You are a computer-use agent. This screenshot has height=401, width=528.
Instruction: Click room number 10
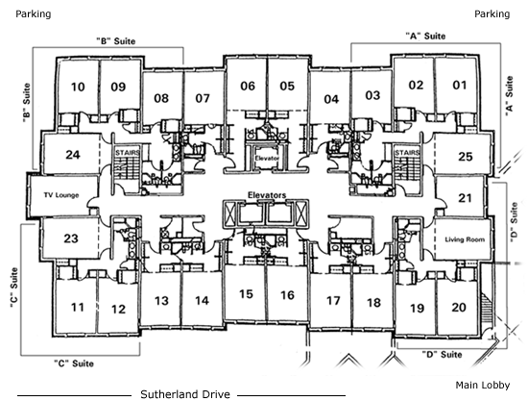78,87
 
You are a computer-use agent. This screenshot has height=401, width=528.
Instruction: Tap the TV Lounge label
61,195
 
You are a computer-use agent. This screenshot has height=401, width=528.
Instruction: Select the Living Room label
465,239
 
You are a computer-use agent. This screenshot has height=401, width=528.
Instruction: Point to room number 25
466,157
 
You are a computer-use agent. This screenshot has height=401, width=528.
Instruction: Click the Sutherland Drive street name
185,394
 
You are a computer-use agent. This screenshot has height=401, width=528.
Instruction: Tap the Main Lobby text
483,386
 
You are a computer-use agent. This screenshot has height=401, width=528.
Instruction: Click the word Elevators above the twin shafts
267,195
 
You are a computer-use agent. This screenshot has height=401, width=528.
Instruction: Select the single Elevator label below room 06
267,158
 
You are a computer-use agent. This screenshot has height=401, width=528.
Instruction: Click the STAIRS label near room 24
128,153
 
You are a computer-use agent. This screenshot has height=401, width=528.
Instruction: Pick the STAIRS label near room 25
407,153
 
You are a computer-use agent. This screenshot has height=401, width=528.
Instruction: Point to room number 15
246,294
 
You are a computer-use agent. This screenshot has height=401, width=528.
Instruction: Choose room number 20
459,308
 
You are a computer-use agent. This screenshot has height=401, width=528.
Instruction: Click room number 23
71,238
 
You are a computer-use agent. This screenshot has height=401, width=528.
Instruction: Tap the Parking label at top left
34,14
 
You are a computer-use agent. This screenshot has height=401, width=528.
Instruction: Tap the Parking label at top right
492,14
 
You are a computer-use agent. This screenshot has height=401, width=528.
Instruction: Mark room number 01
460,85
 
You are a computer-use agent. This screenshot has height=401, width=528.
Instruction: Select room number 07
203,98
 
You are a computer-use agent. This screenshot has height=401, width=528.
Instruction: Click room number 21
465,198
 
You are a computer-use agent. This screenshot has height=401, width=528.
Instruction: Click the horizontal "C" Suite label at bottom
74,363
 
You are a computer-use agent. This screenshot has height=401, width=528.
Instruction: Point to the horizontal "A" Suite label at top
425,36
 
